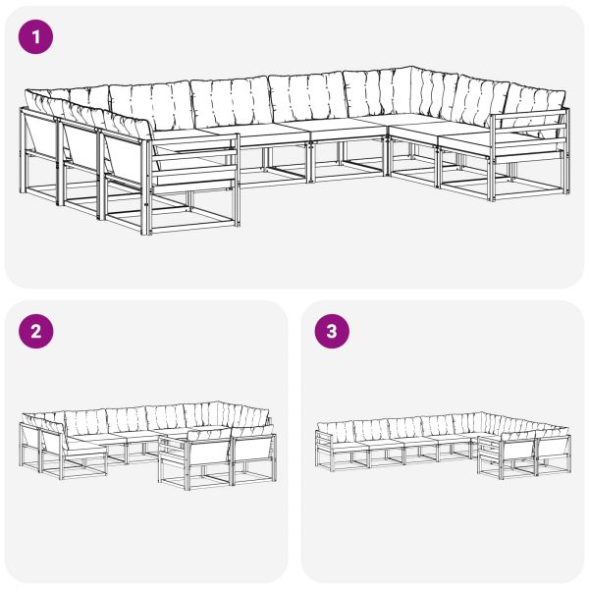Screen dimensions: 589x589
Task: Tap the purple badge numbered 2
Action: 36,331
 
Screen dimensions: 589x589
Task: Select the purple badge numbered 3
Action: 331,331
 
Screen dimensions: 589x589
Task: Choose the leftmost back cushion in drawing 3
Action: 336,431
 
